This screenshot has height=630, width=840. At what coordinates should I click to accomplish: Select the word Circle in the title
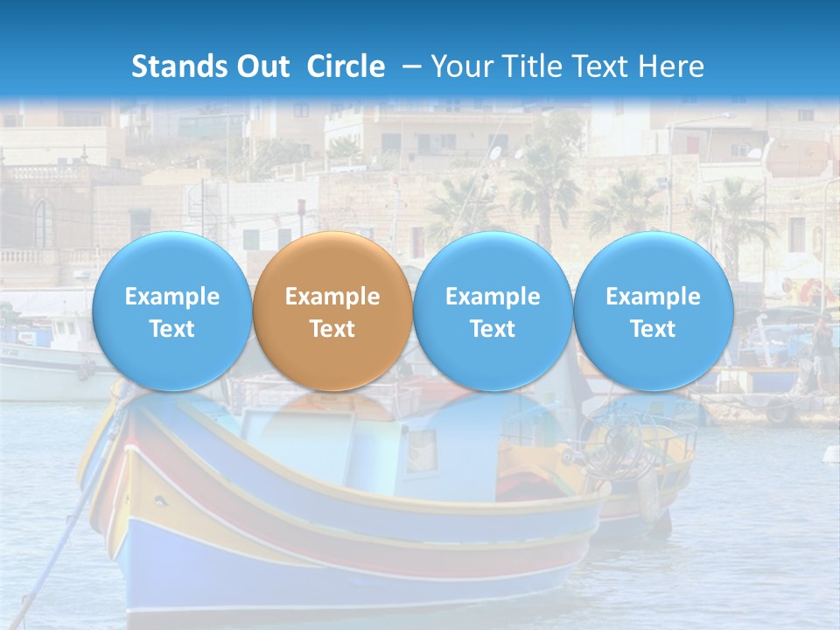click(346, 66)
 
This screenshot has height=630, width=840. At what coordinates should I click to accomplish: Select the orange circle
click(332, 311)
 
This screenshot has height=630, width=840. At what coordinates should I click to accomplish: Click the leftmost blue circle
click(171, 311)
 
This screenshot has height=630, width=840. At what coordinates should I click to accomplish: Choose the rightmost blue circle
click(653, 311)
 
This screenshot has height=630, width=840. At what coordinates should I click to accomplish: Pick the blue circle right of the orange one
click(493, 311)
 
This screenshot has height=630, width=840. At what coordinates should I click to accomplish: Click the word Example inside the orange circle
click(332, 297)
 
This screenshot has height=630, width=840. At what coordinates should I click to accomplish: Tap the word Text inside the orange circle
click(332, 329)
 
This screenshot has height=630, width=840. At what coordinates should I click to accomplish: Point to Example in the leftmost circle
click(171, 297)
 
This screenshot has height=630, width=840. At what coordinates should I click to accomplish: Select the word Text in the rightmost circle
click(653, 329)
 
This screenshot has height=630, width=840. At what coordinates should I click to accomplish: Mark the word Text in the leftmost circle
click(171, 329)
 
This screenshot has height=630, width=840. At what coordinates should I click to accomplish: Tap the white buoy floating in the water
click(831, 453)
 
